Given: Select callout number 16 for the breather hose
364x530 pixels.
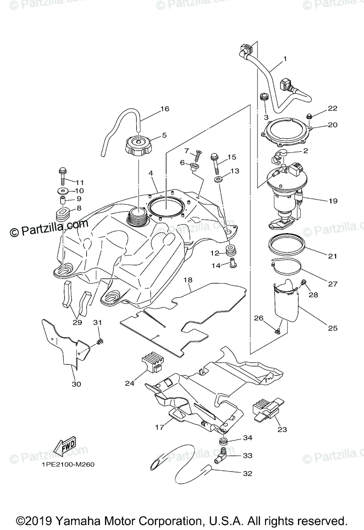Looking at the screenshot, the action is click(x=165, y=109).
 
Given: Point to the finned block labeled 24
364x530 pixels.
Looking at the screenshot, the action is click(x=152, y=365).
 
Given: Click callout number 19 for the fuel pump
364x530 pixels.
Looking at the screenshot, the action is click(x=333, y=201).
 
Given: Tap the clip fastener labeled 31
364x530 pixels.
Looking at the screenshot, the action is click(x=100, y=341).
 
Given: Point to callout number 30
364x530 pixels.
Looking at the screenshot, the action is click(x=76, y=384).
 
